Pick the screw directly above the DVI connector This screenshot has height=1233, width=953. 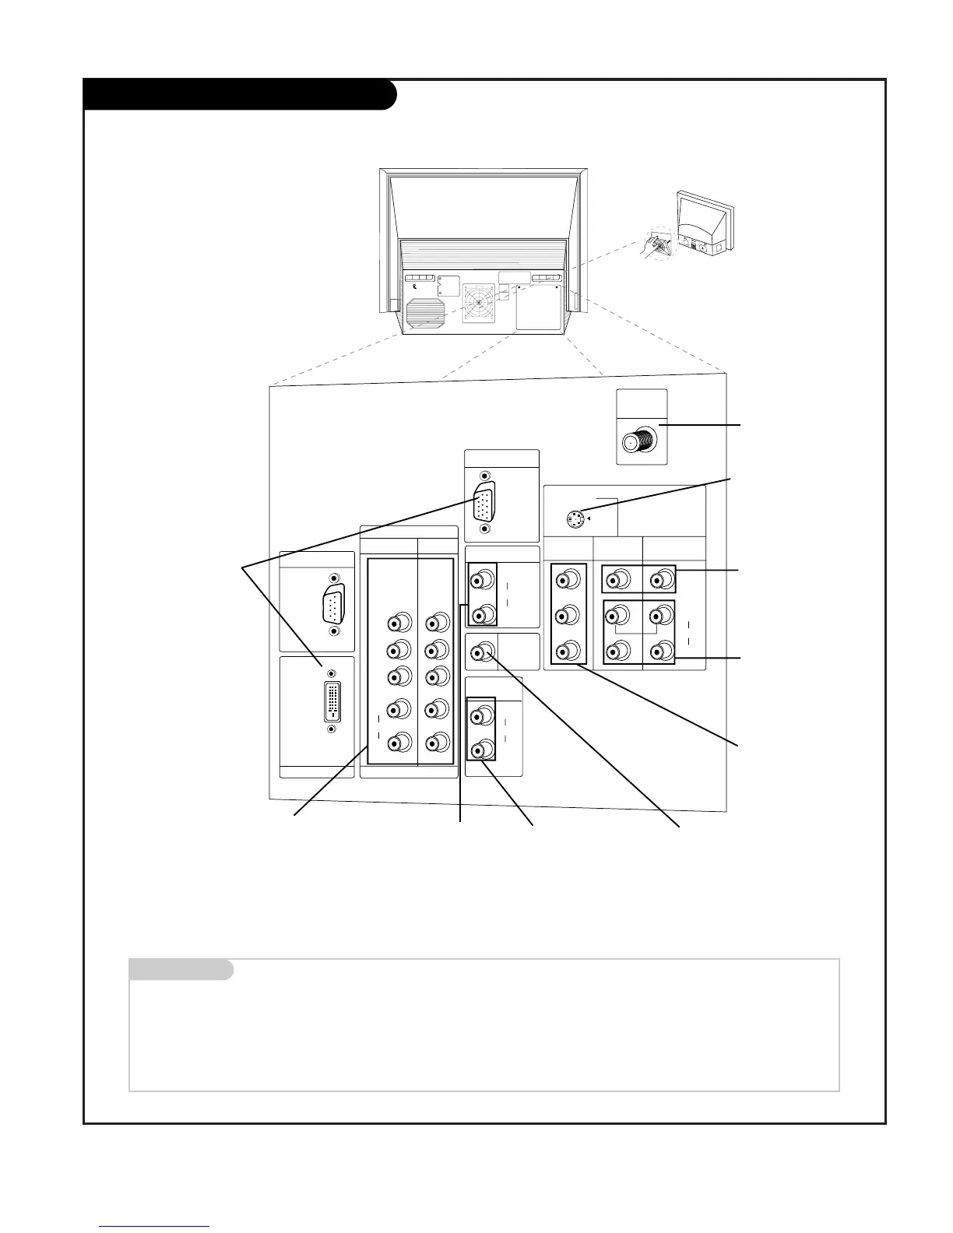coord(332,673)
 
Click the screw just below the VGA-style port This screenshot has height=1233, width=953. coord(485,529)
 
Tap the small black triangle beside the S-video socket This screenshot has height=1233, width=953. coord(589,518)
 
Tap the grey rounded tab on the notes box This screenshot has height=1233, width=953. coord(181,970)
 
